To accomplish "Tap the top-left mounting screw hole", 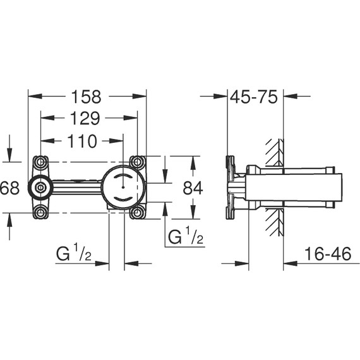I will tap(41, 162).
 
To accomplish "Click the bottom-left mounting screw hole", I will tap(41, 212).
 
